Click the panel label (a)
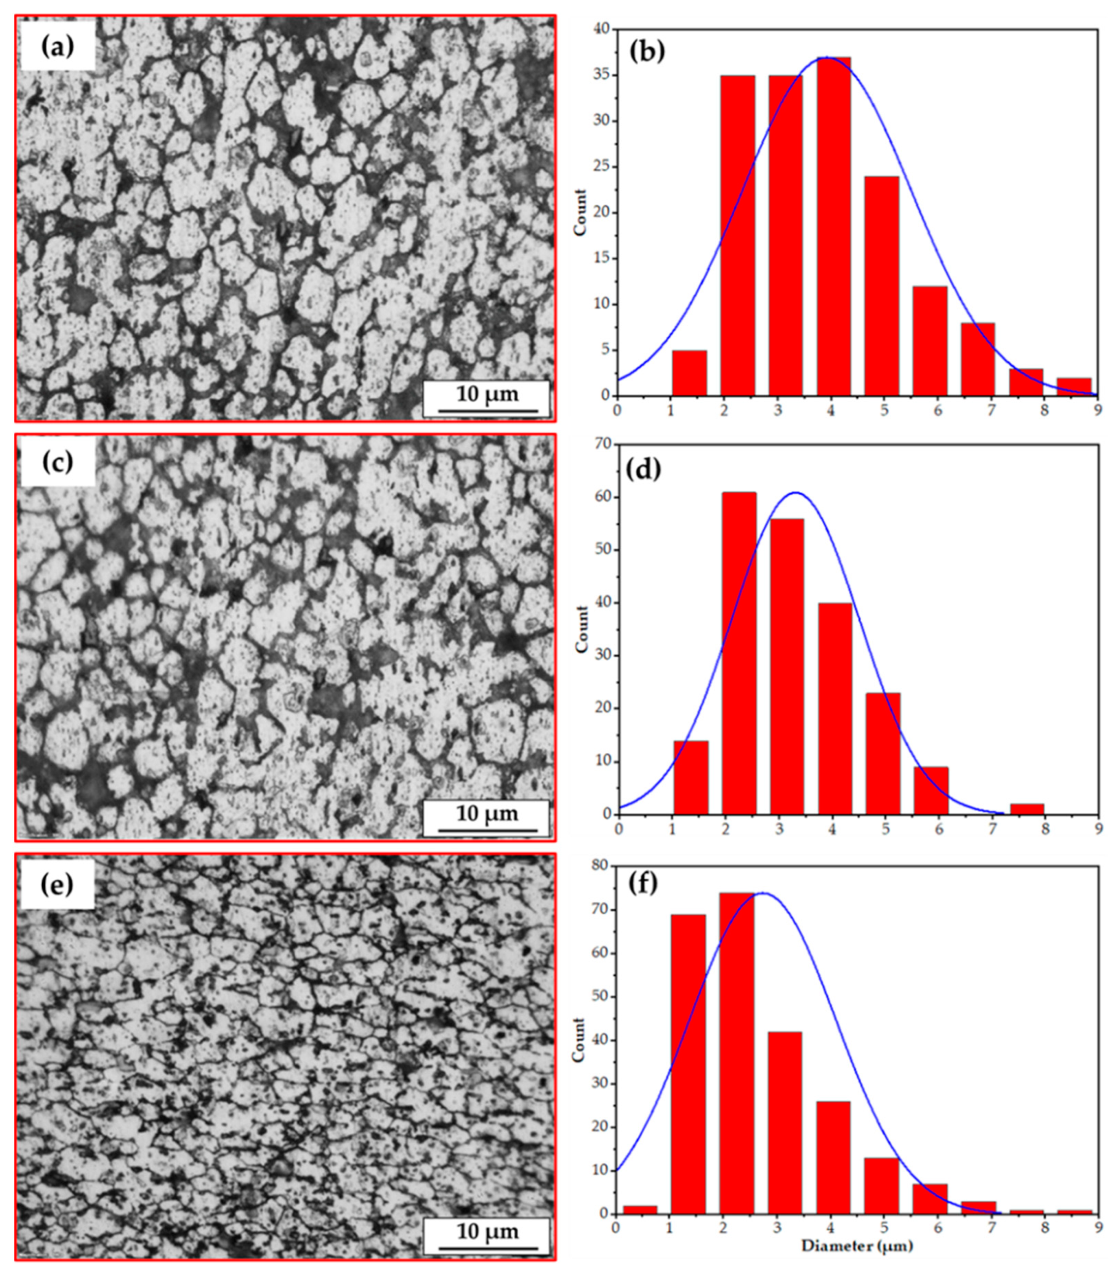click(57, 47)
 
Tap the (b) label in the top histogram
click(647, 52)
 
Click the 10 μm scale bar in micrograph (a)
click(487, 398)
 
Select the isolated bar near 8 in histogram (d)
click(1027, 809)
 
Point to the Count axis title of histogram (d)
click(582, 629)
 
